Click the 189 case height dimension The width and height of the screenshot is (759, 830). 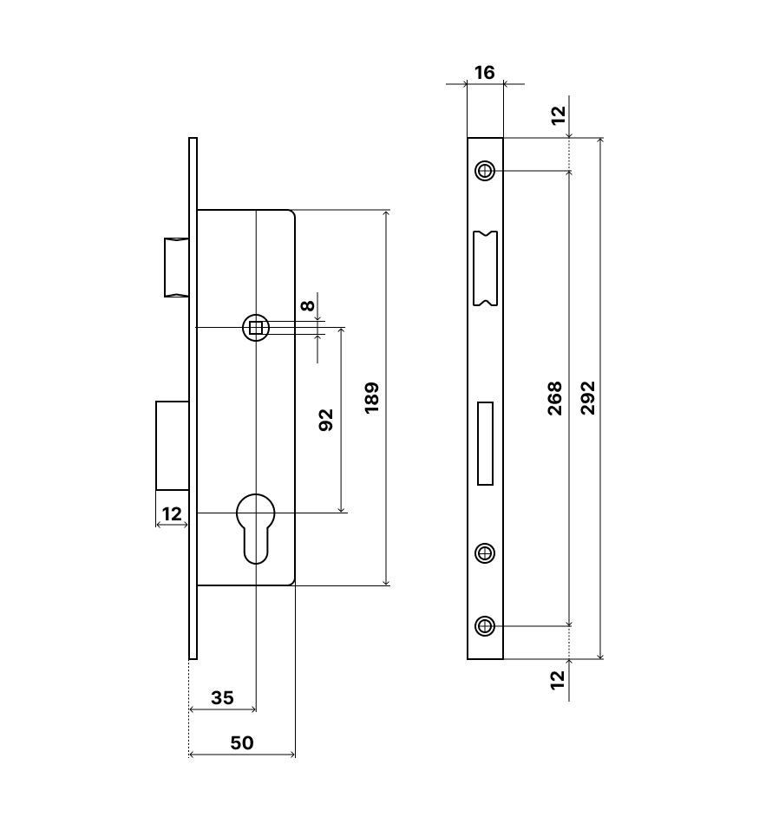(x=372, y=397)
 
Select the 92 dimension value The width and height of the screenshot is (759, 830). (x=326, y=420)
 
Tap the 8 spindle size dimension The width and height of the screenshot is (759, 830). (x=307, y=305)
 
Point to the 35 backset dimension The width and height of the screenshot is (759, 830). (x=222, y=697)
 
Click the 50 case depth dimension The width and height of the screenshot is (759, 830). (x=242, y=742)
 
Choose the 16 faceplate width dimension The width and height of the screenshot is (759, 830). (x=485, y=73)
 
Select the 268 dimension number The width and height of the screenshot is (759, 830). (x=555, y=398)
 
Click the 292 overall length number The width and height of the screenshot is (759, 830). (x=588, y=398)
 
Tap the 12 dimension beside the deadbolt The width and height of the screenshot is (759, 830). (x=172, y=514)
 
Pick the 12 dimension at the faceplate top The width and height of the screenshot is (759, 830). (x=559, y=114)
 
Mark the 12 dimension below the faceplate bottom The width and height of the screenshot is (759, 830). (x=559, y=679)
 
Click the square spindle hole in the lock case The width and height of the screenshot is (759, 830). (x=256, y=327)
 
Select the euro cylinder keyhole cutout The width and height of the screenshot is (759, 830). (x=257, y=526)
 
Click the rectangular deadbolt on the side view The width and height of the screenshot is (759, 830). (x=172, y=445)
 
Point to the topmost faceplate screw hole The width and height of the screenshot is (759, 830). (x=486, y=170)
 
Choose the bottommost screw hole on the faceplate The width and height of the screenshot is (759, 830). (x=486, y=625)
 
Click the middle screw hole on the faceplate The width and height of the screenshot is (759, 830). (x=486, y=552)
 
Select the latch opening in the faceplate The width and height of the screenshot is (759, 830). (x=485, y=268)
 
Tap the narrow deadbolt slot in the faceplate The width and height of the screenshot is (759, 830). (x=485, y=443)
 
